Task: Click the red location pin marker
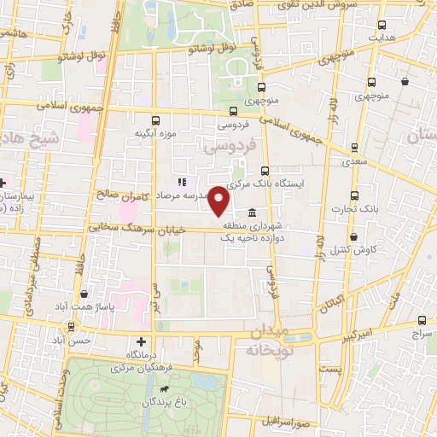219,201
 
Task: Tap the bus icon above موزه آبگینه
154,120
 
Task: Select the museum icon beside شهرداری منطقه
252,213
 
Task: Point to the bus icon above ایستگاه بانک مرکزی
265,170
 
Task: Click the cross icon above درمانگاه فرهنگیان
129,341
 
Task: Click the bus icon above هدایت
381,26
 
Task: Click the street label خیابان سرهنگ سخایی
128,228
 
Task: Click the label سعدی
356,160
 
